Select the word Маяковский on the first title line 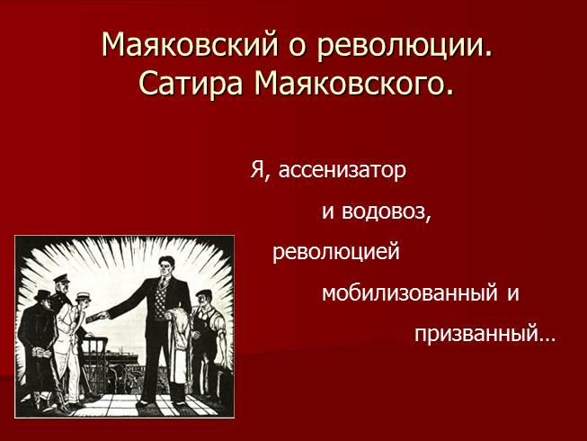[191, 44]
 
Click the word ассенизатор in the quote [342, 171]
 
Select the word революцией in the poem [336, 252]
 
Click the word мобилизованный [410, 293]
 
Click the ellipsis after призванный [547, 339]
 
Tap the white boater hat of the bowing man [83, 297]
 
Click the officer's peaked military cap [61, 278]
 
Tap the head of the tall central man [165, 266]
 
